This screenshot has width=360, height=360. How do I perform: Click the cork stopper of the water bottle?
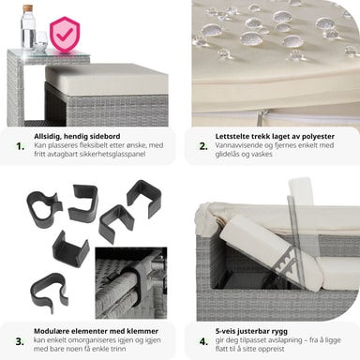pyautogui.click(x=27, y=7)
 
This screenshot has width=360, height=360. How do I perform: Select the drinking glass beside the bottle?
pyautogui.click(x=40, y=41)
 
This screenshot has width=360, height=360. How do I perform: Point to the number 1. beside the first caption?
pyautogui.click(x=21, y=146)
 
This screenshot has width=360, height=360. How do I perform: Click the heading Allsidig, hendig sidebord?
pyautogui.click(x=77, y=136)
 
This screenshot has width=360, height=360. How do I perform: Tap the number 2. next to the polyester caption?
pyautogui.click(x=203, y=146)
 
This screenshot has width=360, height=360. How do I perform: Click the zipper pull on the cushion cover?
pyautogui.click(x=260, y=118)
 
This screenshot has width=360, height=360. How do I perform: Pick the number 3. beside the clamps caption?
pyautogui.click(x=20, y=341)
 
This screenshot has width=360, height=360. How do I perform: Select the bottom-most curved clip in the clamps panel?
pyautogui.click(x=49, y=290)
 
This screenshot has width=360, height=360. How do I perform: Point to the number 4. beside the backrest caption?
pyautogui.click(x=203, y=341)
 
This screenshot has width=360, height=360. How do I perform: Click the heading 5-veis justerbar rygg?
pyautogui.click(x=251, y=331)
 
